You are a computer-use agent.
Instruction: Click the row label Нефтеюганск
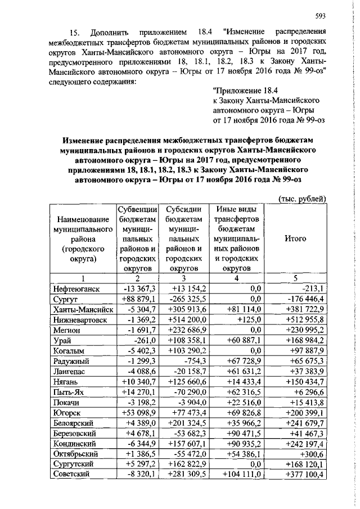76,289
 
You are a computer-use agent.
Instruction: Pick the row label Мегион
68,331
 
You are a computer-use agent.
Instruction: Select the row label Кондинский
74,449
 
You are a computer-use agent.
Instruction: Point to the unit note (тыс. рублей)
303,199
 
